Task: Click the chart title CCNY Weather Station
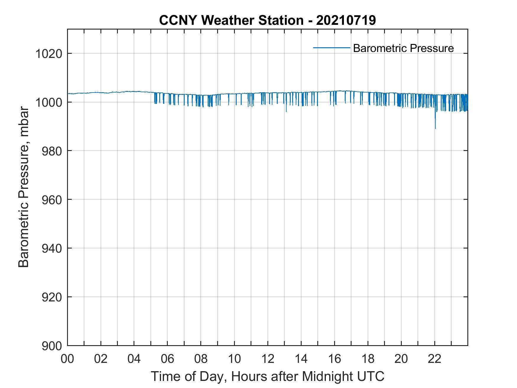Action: (267, 20)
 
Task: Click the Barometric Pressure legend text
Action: (403, 48)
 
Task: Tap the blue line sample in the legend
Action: (331, 48)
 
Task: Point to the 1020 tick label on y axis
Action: (49, 54)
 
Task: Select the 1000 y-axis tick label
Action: (49, 103)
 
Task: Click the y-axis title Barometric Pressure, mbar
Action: (24, 187)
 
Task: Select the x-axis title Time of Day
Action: (267, 376)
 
